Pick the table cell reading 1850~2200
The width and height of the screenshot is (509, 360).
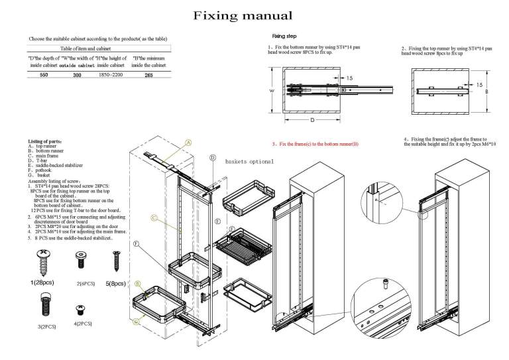click(x=111, y=76)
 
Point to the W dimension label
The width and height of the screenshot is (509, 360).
click(x=271, y=91)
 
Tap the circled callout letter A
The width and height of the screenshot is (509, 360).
click(x=188, y=142)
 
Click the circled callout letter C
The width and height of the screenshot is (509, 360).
click(x=153, y=217)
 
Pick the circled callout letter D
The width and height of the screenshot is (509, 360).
click(x=213, y=158)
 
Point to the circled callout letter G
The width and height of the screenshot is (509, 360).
click(x=137, y=322)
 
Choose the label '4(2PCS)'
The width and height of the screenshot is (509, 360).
click(x=83, y=324)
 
